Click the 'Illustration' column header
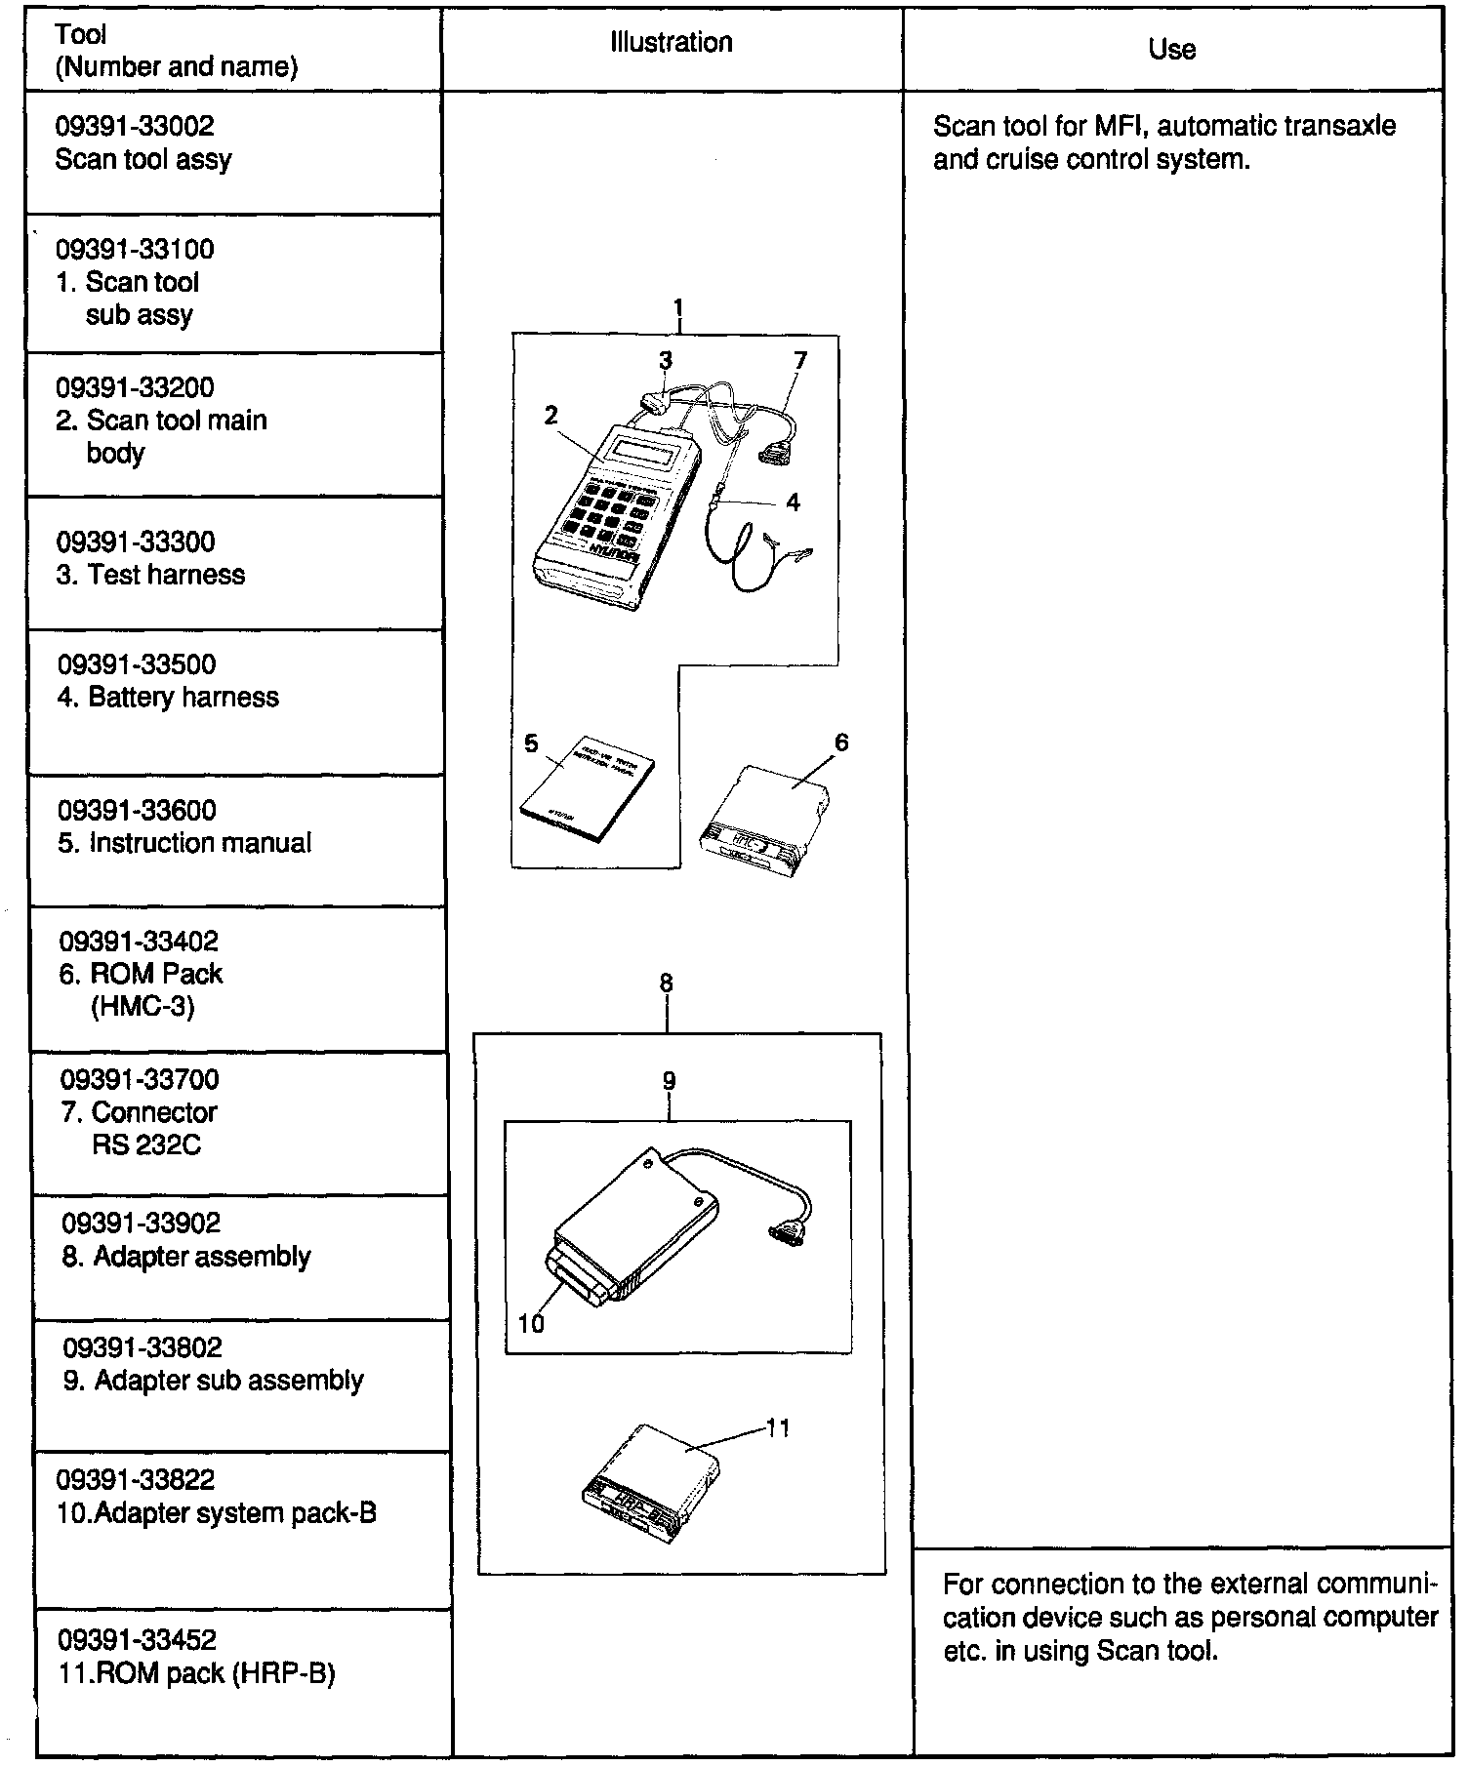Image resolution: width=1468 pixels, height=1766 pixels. click(x=671, y=43)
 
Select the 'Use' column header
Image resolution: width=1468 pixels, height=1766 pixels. click(x=1171, y=50)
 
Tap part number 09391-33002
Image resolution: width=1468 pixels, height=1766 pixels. click(x=135, y=126)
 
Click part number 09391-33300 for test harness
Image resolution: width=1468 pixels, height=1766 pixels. click(x=135, y=542)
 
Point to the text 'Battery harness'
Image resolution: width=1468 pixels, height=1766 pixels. click(x=183, y=698)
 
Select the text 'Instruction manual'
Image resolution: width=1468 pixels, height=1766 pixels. click(x=200, y=843)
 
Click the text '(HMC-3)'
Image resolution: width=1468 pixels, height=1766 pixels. click(x=143, y=1006)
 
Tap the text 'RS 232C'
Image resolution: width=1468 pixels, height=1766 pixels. click(x=146, y=1144)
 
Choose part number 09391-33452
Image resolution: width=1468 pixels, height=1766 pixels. click(x=138, y=1640)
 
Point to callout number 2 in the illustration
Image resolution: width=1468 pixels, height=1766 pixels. click(x=551, y=416)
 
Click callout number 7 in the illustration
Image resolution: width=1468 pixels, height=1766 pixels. click(x=800, y=361)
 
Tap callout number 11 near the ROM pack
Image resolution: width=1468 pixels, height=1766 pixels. click(x=778, y=1428)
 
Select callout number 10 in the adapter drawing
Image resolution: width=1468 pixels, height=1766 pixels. click(x=531, y=1323)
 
